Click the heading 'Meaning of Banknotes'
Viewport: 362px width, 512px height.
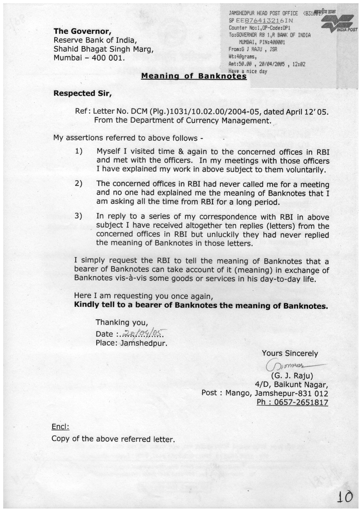coord(194,76)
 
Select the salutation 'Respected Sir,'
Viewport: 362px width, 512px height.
coord(83,93)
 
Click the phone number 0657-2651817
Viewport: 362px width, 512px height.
coord(292,402)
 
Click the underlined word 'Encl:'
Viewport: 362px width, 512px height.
coord(60,427)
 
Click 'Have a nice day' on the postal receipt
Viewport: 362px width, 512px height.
coord(248,71)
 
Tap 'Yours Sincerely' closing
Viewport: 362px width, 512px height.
coord(290,353)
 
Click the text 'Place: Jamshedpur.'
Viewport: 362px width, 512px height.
coord(132,343)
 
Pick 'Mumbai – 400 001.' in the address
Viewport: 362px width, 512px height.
coord(89,58)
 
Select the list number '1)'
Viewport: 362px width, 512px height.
coord(78,151)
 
